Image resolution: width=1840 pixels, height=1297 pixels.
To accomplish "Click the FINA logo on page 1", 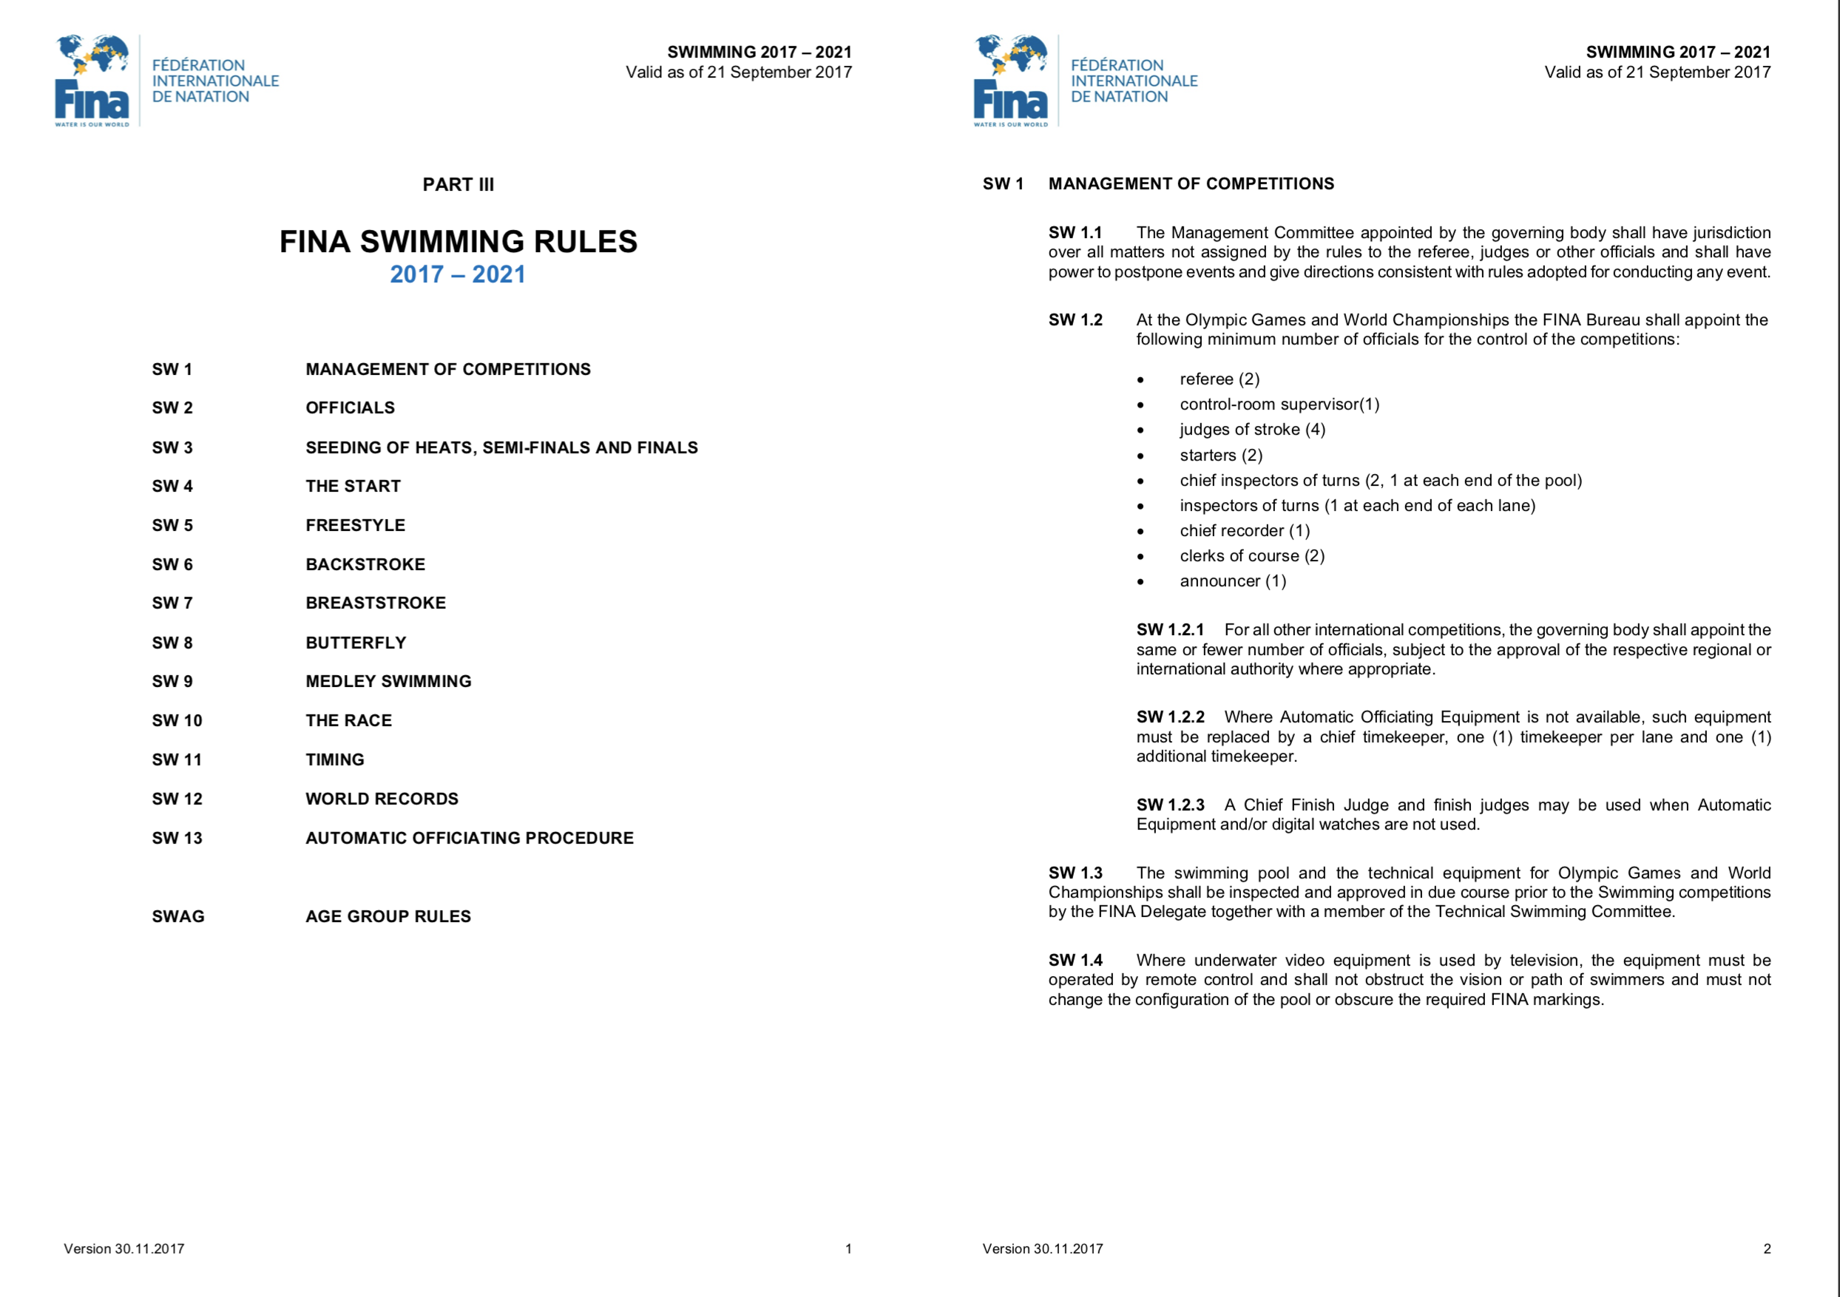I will click(x=92, y=81).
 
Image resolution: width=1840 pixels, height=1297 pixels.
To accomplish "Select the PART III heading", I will click(x=459, y=184).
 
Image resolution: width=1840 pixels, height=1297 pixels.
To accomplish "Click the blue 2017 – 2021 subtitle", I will click(x=458, y=275).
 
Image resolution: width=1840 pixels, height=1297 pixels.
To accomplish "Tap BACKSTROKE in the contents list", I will click(x=365, y=565).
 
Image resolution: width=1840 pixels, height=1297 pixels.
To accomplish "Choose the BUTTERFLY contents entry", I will click(x=356, y=643).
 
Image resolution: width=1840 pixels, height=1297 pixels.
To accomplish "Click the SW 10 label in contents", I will click(x=177, y=721).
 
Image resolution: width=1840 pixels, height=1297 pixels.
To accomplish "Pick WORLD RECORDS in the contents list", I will click(x=382, y=799).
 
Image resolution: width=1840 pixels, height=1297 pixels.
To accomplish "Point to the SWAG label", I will click(x=178, y=916).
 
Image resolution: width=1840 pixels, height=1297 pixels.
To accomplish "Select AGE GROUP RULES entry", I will click(x=388, y=916).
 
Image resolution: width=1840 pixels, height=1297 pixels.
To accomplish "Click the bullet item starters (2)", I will click(x=1220, y=456).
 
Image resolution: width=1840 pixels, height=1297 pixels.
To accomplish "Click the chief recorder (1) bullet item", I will click(x=1245, y=531).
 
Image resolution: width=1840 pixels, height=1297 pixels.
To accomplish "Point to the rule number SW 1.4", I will click(x=1075, y=961).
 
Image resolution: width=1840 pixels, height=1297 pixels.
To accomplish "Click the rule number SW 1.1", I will click(x=1075, y=233).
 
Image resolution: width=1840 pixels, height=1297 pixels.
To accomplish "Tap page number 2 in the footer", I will click(x=1767, y=1249).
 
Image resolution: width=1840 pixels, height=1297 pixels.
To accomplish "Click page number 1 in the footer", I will click(x=848, y=1249).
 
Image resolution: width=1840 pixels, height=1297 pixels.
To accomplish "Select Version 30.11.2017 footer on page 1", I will click(x=124, y=1249).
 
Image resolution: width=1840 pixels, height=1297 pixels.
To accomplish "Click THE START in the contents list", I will click(x=354, y=487).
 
